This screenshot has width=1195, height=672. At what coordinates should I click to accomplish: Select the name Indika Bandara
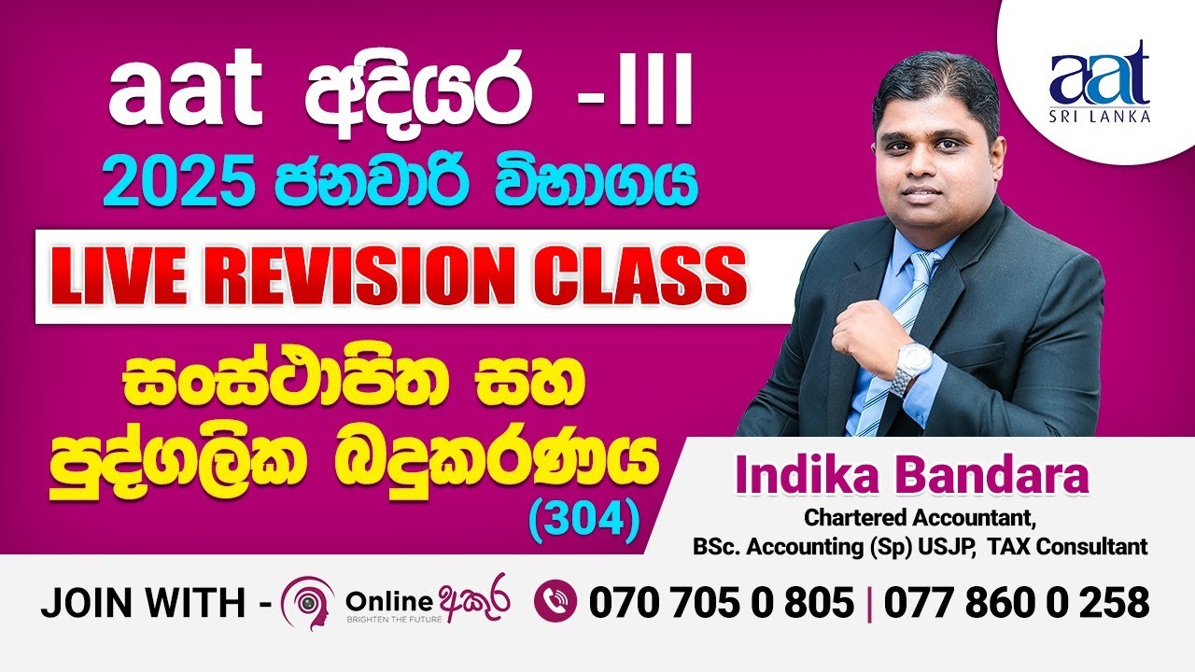[x=912, y=477]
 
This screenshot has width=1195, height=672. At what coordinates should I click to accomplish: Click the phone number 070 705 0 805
[x=721, y=604]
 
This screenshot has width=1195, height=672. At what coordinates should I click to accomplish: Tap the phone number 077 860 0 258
[x=1017, y=604]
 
